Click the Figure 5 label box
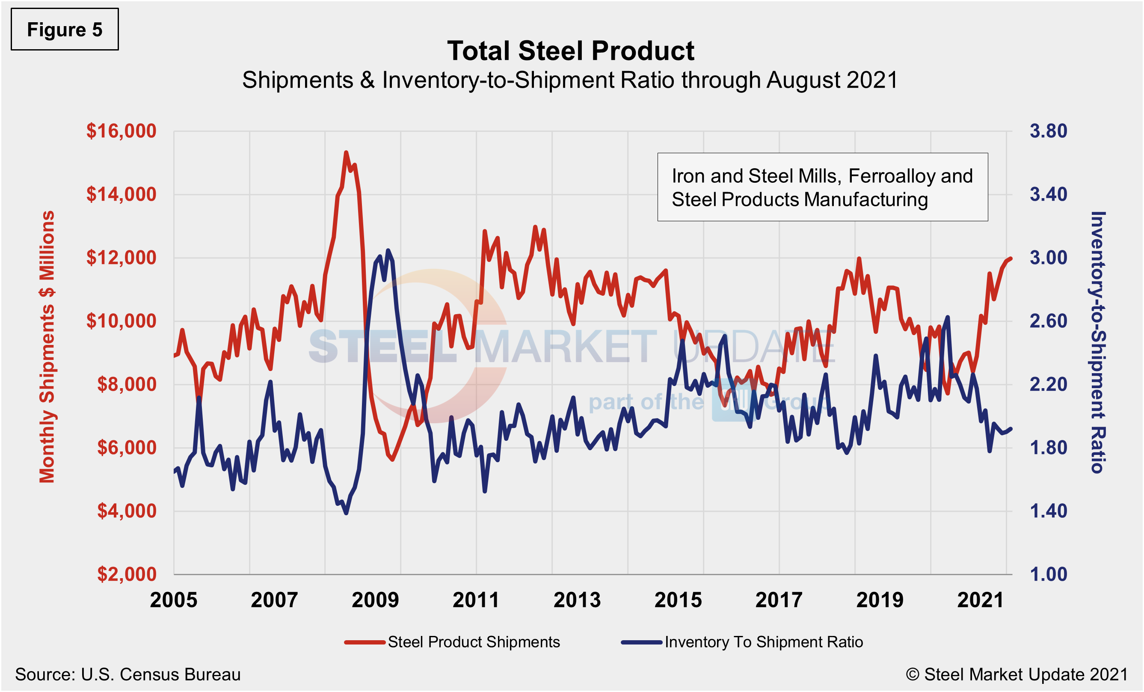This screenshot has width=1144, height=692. pos(65,29)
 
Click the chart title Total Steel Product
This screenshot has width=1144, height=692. pos(571,50)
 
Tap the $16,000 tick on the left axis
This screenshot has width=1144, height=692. pos(121,131)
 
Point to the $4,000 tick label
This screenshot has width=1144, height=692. pos(127,511)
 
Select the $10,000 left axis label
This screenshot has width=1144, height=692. pos(121,321)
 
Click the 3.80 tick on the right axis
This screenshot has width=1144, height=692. pos(1048,131)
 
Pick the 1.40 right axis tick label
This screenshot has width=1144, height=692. pos(1048,511)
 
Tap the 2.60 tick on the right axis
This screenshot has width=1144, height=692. pos(1048,321)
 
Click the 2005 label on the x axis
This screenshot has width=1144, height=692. pos(174,600)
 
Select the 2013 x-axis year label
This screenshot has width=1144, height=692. pos(577,600)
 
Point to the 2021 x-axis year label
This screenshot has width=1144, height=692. pos(981,600)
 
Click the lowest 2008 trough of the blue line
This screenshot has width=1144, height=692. pos(346,513)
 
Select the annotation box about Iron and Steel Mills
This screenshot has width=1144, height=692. pos(822,187)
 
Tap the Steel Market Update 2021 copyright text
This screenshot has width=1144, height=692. pos(1017,674)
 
